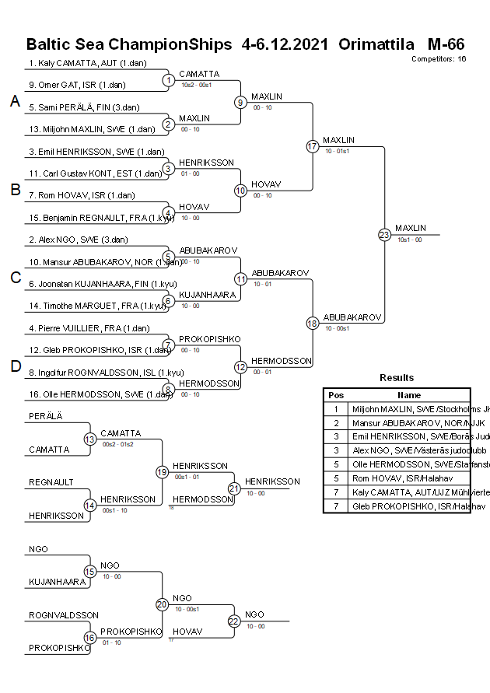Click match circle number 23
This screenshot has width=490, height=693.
[x=384, y=234]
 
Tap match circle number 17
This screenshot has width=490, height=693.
[x=313, y=146]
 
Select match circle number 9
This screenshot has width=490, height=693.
[x=241, y=102]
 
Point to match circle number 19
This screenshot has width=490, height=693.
[x=162, y=471]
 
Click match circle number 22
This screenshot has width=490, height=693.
[x=234, y=621]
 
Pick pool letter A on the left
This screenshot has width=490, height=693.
[x=15, y=101]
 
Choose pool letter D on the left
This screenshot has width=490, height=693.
[x=15, y=366]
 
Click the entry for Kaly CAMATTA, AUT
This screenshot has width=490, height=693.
[x=88, y=63]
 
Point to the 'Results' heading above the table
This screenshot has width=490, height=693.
[x=397, y=378]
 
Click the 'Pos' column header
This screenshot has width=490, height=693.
[x=336, y=395]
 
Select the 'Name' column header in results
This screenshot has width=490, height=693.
[x=409, y=395]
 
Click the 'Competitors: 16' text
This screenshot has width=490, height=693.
[x=439, y=58]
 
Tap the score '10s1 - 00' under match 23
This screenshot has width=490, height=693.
[x=409, y=240]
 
